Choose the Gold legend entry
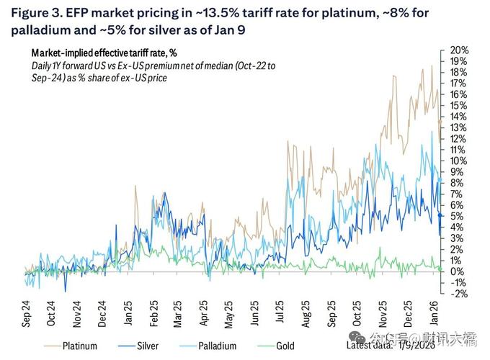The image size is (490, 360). point(285,346)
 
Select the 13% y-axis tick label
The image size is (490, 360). point(459,127)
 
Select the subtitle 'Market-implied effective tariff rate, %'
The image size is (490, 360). point(105,53)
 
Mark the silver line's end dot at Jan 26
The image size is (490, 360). point(440,215)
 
